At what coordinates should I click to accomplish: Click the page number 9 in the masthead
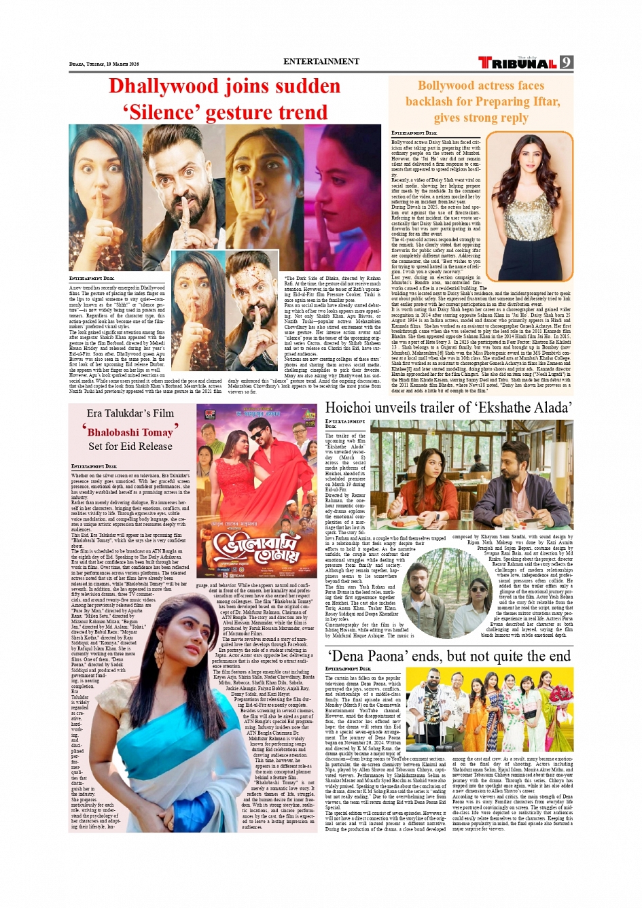coord(566,63)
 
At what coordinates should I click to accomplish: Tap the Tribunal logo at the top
coord(518,63)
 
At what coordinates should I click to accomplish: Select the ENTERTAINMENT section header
coord(321,61)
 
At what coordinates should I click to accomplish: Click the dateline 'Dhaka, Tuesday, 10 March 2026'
coord(104,64)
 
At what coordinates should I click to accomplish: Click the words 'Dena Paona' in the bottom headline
coord(380,657)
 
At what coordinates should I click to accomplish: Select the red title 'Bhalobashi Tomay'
coord(130,432)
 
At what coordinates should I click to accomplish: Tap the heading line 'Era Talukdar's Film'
coord(130,413)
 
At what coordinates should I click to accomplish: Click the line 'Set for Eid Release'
coord(130,447)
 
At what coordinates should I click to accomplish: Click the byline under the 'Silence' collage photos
coord(92,279)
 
